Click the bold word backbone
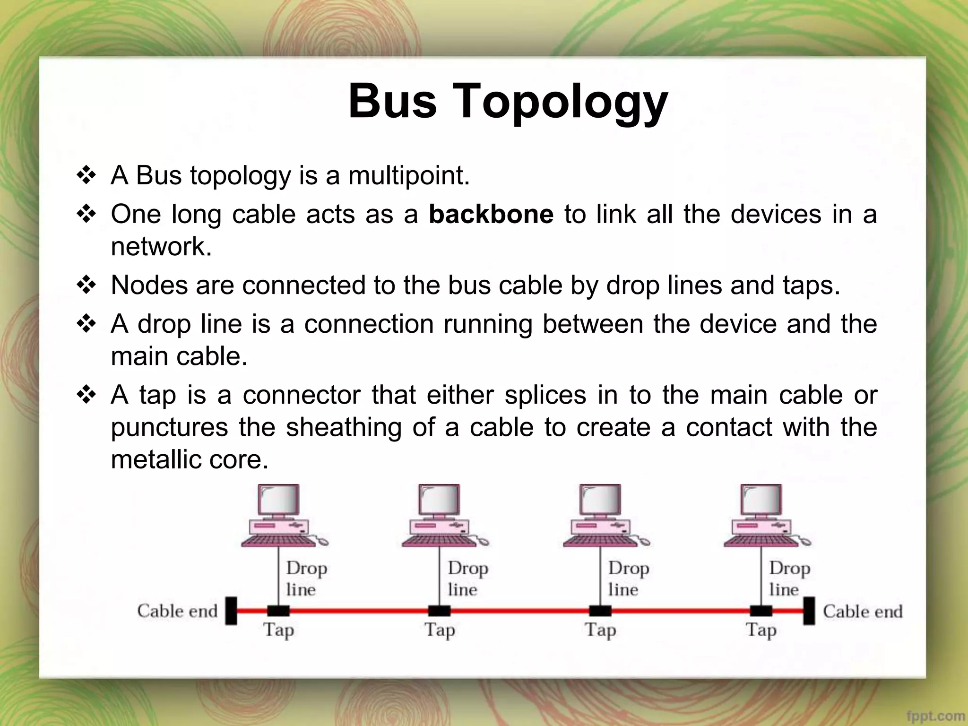(x=491, y=214)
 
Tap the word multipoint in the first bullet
(x=408, y=175)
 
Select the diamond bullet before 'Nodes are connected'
(x=86, y=285)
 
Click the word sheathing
(x=343, y=427)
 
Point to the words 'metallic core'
(x=189, y=459)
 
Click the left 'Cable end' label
(x=177, y=611)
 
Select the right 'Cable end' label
(x=863, y=611)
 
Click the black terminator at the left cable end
(x=231, y=611)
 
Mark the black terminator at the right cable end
(x=809, y=611)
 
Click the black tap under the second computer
(x=439, y=611)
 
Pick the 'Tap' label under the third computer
(x=600, y=630)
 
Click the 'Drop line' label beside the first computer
(x=306, y=579)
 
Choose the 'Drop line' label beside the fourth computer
(x=789, y=579)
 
